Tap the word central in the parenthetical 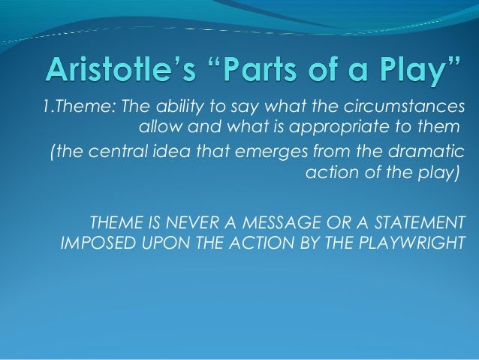pyautogui.click(x=111, y=153)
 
